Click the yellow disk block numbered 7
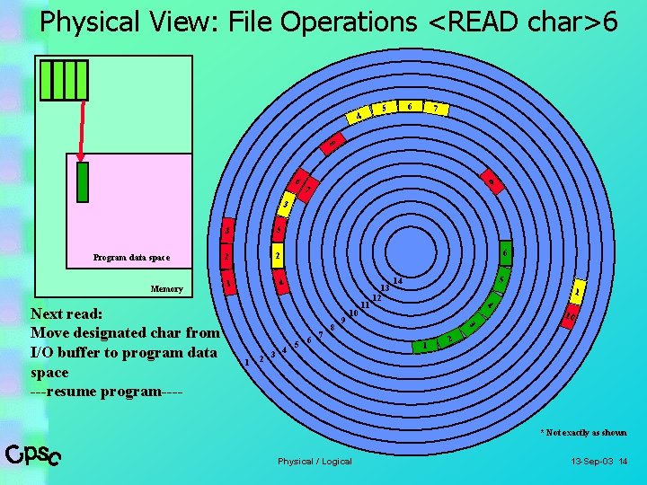[437, 110]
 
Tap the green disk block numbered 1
[424, 346]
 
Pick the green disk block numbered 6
[505, 252]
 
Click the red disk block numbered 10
[570, 315]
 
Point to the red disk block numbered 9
[491, 182]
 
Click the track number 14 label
[397, 281]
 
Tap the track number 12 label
[377, 297]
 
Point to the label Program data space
[131, 258]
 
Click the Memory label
[166, 289]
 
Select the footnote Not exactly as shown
[583, 433]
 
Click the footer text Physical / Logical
[315, 462]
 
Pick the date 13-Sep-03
[591, 462]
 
